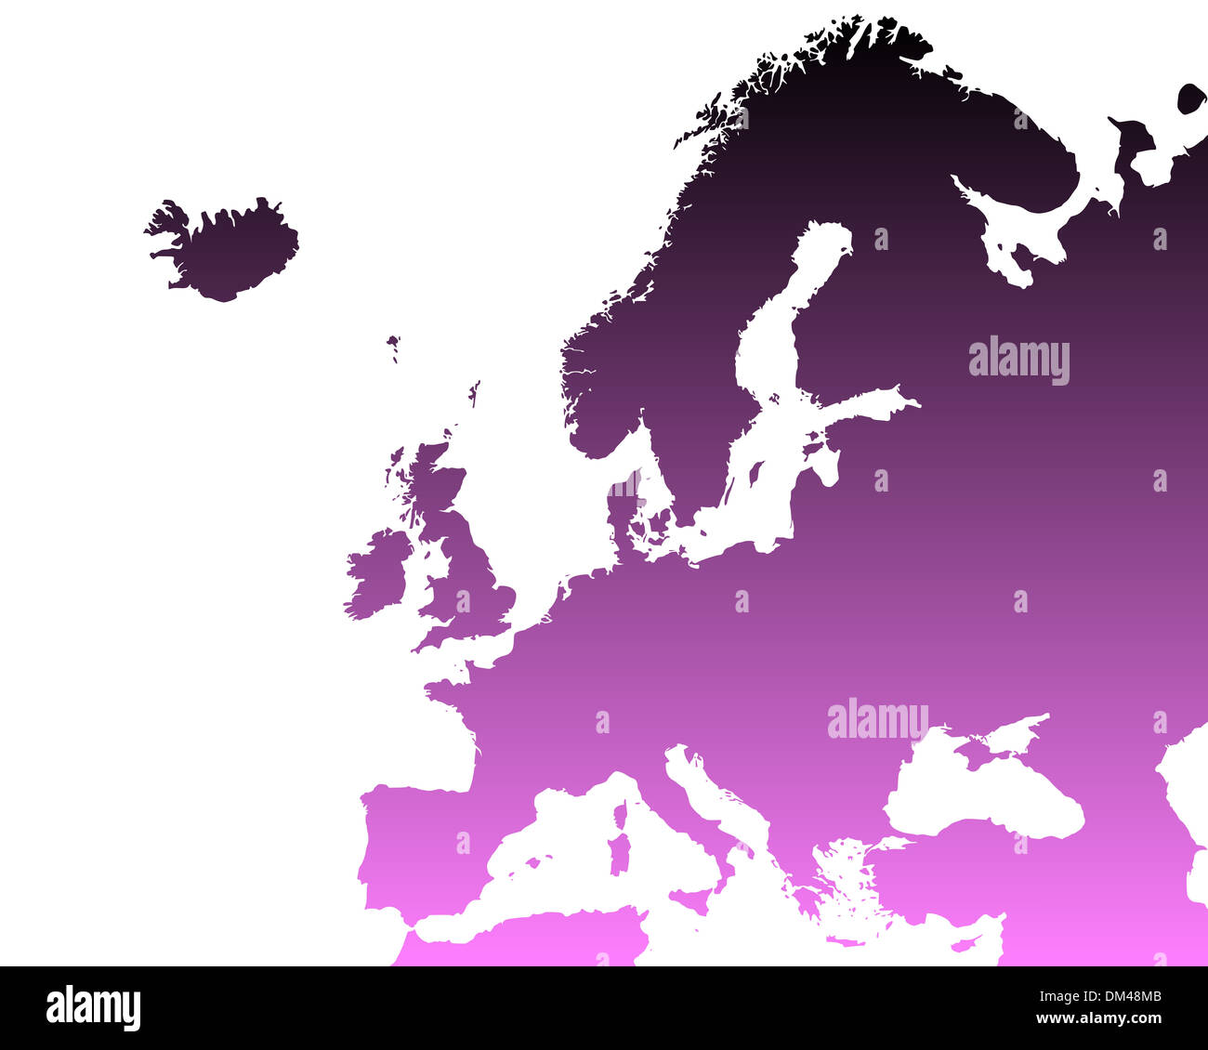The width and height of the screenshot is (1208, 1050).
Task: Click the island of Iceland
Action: (228, 249)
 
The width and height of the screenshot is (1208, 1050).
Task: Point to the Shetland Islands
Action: (474, 393)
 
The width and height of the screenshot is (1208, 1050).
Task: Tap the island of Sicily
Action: (691, 899)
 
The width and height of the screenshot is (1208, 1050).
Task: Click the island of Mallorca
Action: (534, 862)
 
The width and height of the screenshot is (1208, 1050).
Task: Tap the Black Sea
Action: (985, 790)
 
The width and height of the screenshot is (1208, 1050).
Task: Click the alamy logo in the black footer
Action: (93, 1008)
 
